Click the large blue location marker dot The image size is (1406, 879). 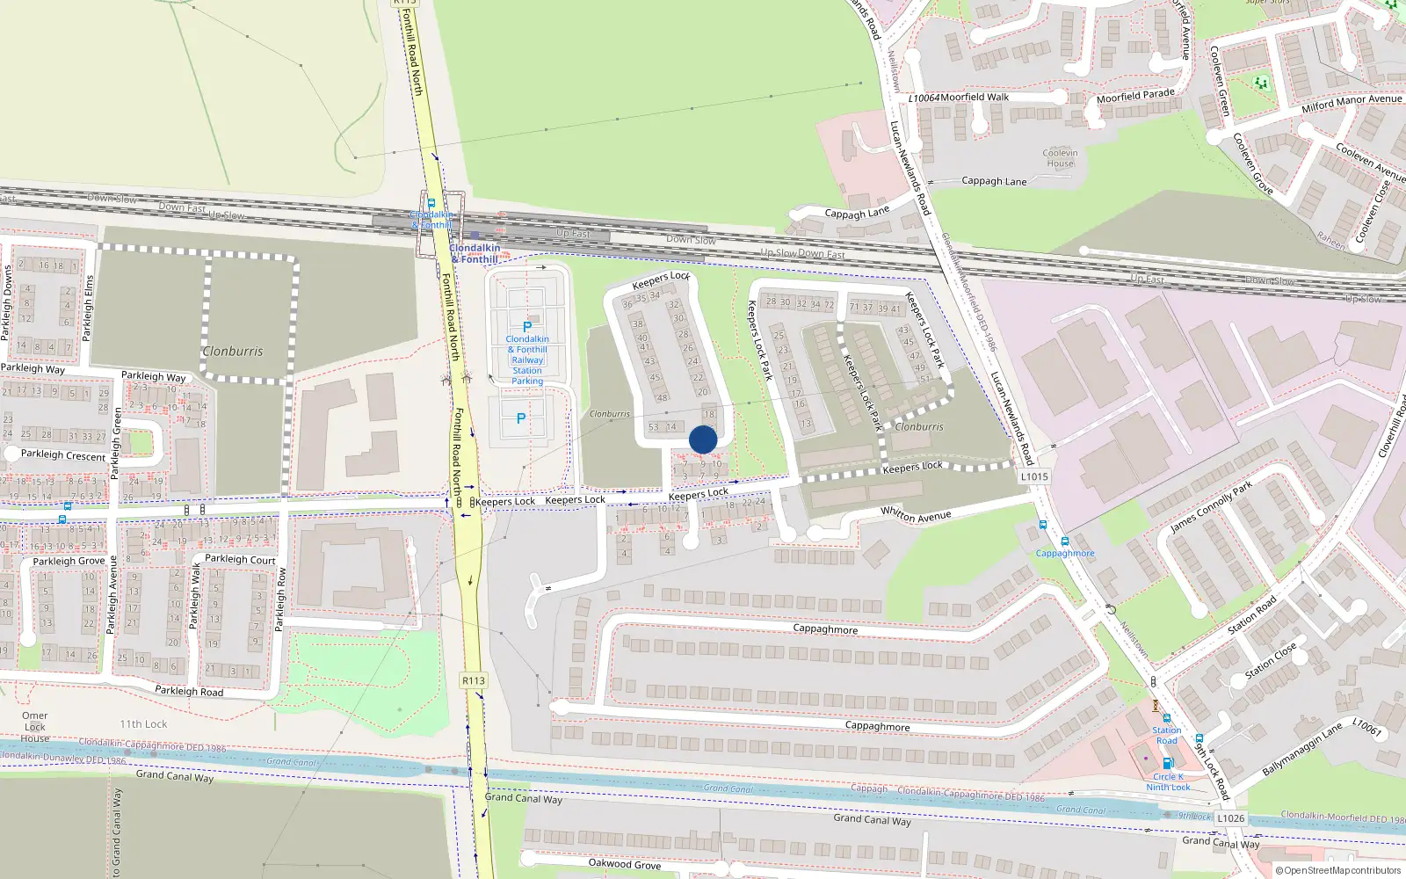click(703, 439)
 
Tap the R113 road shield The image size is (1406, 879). click(473, 680)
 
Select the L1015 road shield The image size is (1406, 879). click(1034, 476)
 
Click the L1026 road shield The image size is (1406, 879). click(1230, 818)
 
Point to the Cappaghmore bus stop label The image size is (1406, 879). click(1065, 553)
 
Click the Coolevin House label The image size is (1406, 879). click(1060, 158)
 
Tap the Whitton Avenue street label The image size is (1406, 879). click(916, 516)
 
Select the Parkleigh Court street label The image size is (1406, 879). click(240, 559)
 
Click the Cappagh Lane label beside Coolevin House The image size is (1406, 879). click(994, 181)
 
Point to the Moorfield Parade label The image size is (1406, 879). click(1135, 95)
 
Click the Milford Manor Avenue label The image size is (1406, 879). click(1352, 103)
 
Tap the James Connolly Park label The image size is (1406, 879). click(1211, 508)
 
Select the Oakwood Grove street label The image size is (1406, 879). click(624, 863)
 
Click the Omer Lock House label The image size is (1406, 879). click(35, 727)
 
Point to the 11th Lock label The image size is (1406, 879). click(143, 724)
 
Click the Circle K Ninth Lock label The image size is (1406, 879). click(1168, 781)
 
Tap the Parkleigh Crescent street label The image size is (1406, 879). click(63, 455)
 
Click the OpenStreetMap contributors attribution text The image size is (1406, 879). click(1342, 870)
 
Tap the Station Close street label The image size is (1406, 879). click(1271, 661)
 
